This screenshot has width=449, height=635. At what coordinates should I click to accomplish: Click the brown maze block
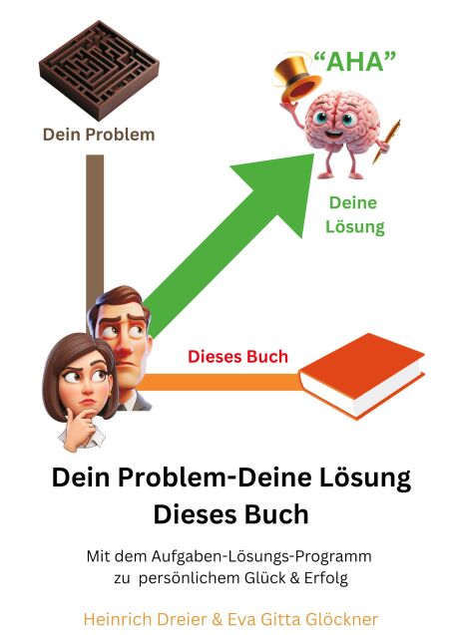(x=100, y=70)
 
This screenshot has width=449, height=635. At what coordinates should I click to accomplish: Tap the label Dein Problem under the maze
(x=99, y=135)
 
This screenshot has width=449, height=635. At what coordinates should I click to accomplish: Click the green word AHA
(x=355, y=62)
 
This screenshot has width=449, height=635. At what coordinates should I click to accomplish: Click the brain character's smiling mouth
(x=333, y=134)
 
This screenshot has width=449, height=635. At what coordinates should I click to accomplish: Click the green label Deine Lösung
(x=354, y=214)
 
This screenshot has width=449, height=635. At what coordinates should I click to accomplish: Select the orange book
(x=362, y=376)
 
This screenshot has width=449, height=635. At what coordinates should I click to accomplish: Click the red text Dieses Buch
(x=237, y=357)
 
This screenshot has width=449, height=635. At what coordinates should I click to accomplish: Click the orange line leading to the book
(x=221, y=382)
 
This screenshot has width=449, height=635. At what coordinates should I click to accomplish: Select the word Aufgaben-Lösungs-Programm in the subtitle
(x=261, y=557)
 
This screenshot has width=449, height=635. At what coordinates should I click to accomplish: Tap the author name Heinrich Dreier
(x=146, y=619)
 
